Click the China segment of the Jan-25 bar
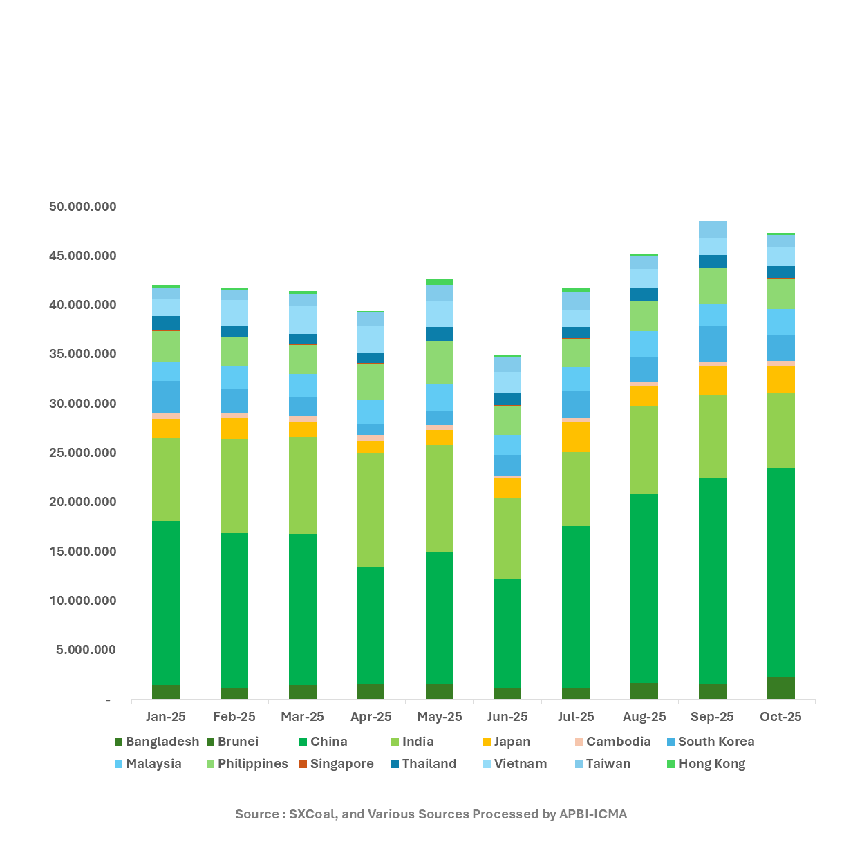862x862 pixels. pyautogui.click(x=166, y=602)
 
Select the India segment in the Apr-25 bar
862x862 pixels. pyautogui.click(x=371, y=509)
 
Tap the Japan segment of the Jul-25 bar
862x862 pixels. pyautogui.click(x=576, y=437)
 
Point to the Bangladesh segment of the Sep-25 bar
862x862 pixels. pyautogui.click(x=713, y=691)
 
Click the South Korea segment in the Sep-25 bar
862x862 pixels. pyautogui.click(x=713, y=344)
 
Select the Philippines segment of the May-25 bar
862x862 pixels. pyautogui.click(x=439, y=362)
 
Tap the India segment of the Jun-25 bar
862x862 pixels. pyautogui.click(x=507, y=538)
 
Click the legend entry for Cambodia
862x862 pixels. pyautogui.click(x=618, y=742)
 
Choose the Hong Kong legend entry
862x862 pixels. pyautogui.click(x=711, y=764)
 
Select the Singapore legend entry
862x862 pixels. pyautogui.click(x=341, y=764)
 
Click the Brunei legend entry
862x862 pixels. pyautogui.click(x=238, y=742)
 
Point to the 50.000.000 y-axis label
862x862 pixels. pyautogui.click(x=83, y=207)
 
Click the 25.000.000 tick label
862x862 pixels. pyautogui.click(x=83, y=453)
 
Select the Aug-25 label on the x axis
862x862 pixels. pyautogui.click(x=644, y=717)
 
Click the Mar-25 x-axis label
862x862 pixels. pyautogui.click(x=303, y=717)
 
